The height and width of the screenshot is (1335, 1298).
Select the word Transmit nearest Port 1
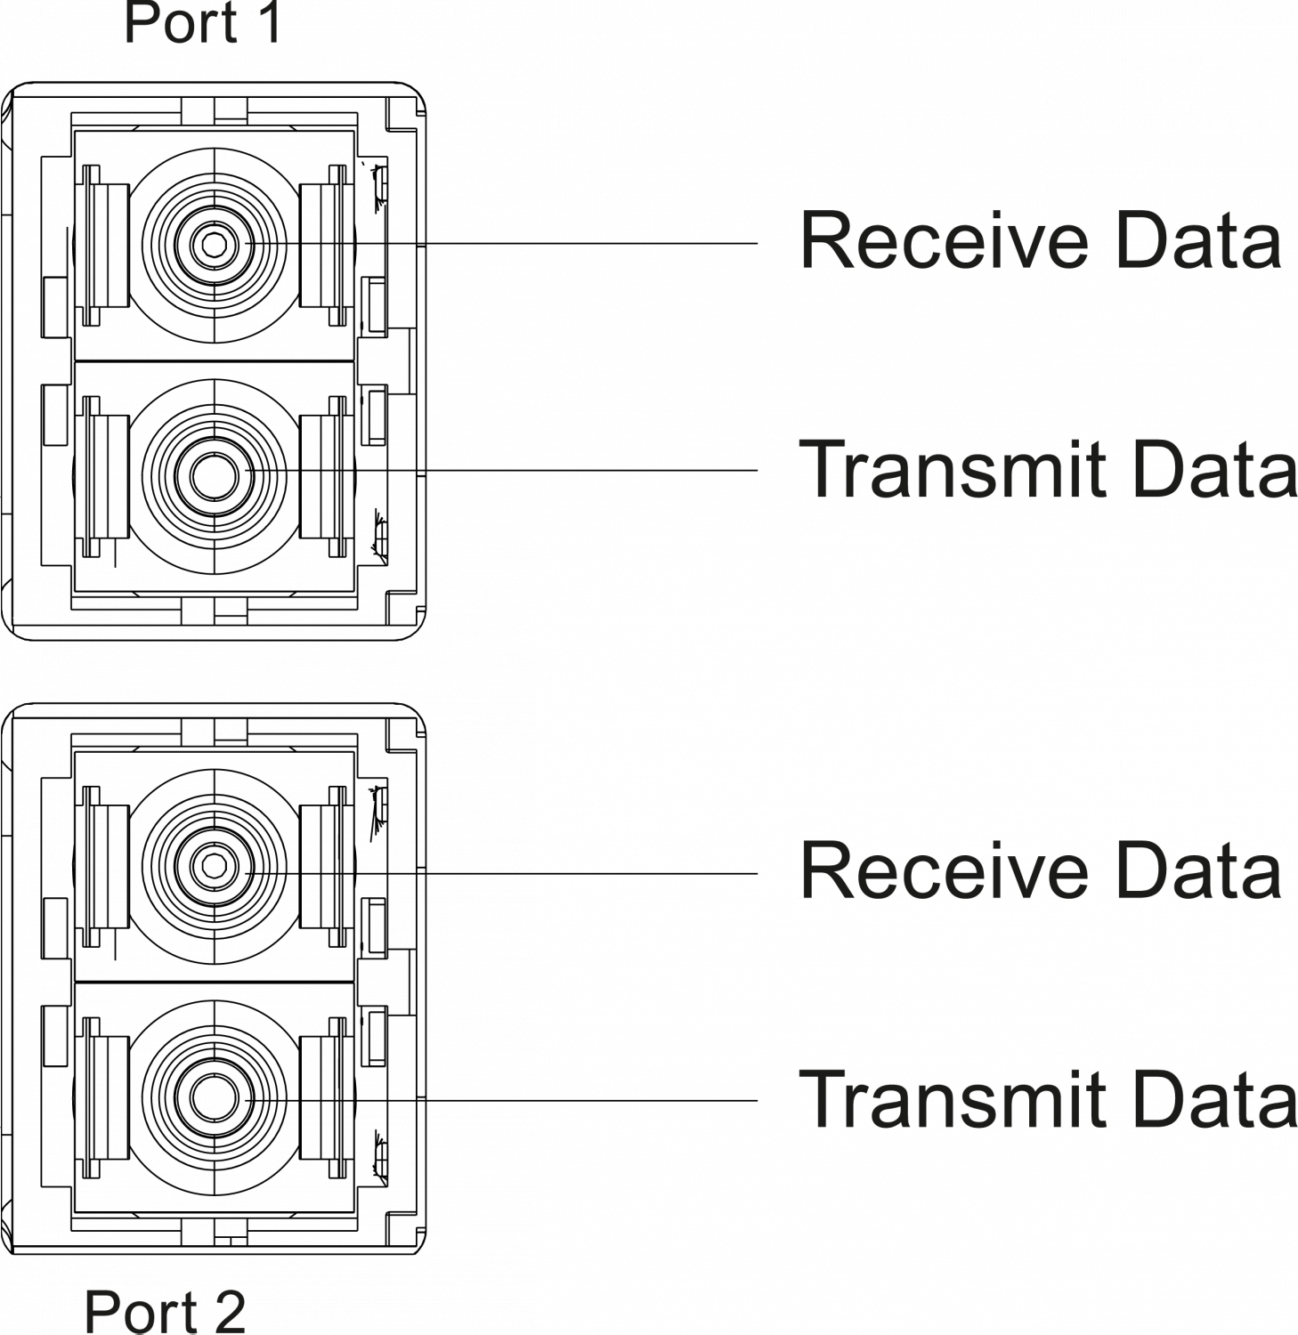pos(954,470)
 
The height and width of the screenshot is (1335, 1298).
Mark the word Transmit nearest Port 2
pos(954,1101)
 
